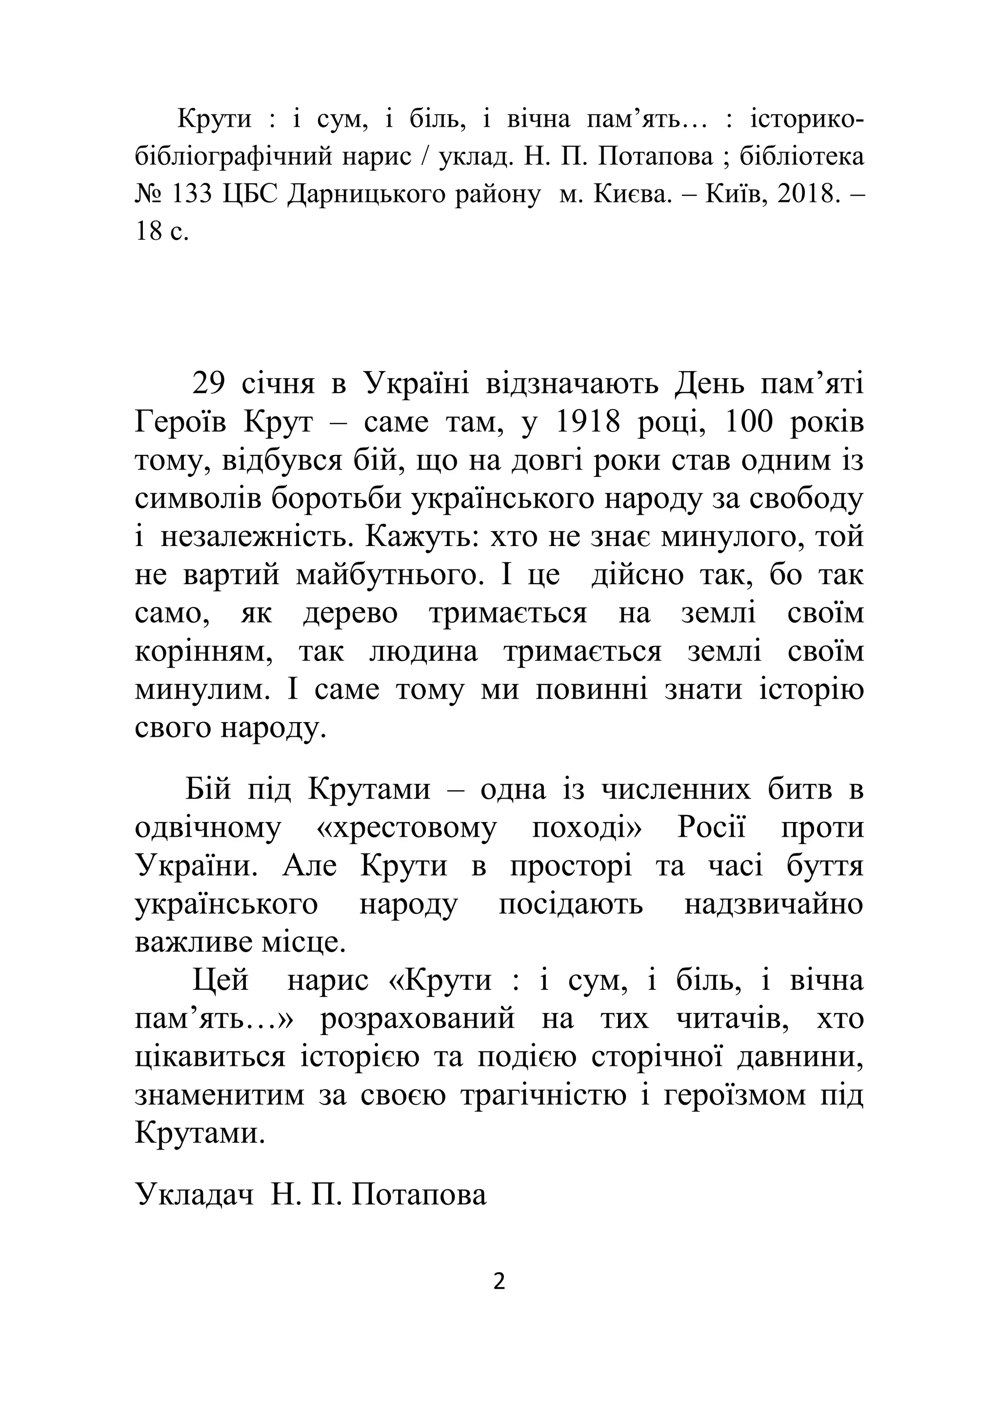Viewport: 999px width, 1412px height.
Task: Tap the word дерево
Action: pos(350,613)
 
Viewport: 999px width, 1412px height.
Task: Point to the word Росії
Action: pos(711,828)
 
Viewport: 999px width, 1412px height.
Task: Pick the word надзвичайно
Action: pos(774,904)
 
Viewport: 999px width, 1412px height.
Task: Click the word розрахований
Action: pos(418,1019)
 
